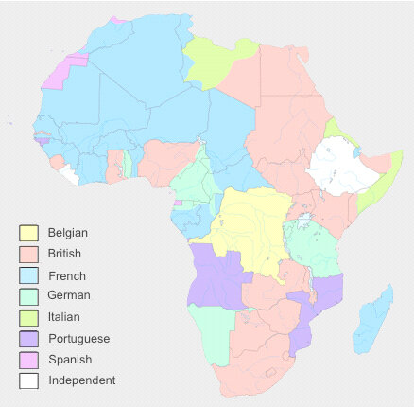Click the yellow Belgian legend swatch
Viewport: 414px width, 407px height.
(29, 233)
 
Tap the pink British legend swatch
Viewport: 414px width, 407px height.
(29, 254)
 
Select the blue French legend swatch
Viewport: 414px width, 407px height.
(29, 275)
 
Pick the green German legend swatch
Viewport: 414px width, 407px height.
(29, 296)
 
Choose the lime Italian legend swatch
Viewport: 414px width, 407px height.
(29, 317)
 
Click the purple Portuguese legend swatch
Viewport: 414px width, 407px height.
(29, 338)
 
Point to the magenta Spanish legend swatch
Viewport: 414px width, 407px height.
(29, 360)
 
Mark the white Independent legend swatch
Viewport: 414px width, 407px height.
(29, 380)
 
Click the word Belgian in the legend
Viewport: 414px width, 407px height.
(68, 233)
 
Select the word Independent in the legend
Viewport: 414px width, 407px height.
(81, 380)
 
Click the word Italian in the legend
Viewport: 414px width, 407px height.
(64, 317)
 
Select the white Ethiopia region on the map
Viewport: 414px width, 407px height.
(336, 166)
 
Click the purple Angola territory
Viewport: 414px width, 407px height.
(217, 274)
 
